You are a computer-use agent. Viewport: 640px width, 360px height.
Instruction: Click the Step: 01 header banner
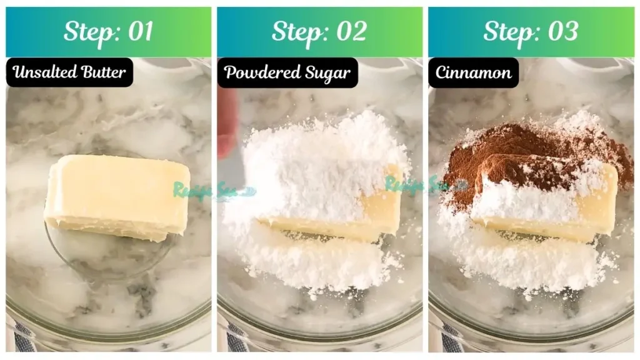pos(108,32)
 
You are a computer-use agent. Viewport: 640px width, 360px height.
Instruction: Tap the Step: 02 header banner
pos(319,32)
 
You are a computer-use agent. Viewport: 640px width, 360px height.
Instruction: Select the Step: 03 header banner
pos(531,32)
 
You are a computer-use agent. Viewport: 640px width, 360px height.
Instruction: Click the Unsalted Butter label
pos(69,72)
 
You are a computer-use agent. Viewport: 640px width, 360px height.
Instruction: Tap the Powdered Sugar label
pos(287,72)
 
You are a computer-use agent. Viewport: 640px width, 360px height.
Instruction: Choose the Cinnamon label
pos(473,72)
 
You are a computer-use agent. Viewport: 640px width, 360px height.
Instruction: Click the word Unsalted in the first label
pos(42,72)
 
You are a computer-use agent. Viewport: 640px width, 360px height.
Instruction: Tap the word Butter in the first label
pos(102,72)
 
